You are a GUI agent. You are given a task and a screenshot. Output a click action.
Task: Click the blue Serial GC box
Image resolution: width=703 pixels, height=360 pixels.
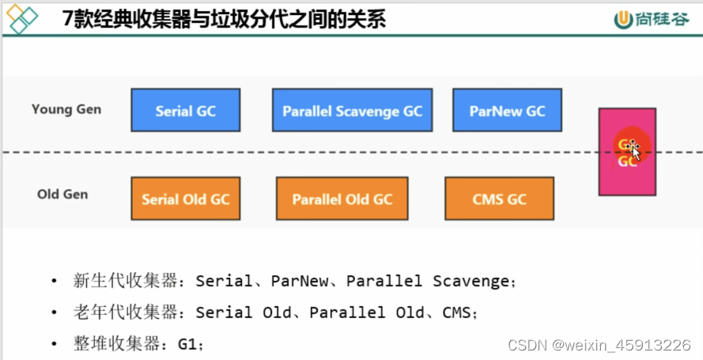(185, 110)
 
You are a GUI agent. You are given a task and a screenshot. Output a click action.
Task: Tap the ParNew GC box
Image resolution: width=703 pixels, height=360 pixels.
(507, 110)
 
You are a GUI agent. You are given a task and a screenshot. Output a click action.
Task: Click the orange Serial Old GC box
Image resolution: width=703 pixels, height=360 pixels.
(185, 199)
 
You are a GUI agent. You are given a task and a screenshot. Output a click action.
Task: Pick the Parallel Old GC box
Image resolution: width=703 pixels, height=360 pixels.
(342, 199)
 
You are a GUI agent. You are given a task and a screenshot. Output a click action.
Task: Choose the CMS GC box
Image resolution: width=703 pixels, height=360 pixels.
(499, 199)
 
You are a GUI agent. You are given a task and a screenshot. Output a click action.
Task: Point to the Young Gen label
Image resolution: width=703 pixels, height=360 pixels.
(66, 109)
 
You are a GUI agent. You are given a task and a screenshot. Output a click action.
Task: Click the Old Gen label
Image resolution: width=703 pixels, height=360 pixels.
(62, 194)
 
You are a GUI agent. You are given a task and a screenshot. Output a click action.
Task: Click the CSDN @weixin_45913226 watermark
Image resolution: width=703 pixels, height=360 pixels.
(599, 345)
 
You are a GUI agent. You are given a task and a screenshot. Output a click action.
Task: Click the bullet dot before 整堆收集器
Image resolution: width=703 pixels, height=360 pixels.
(54, 344)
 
